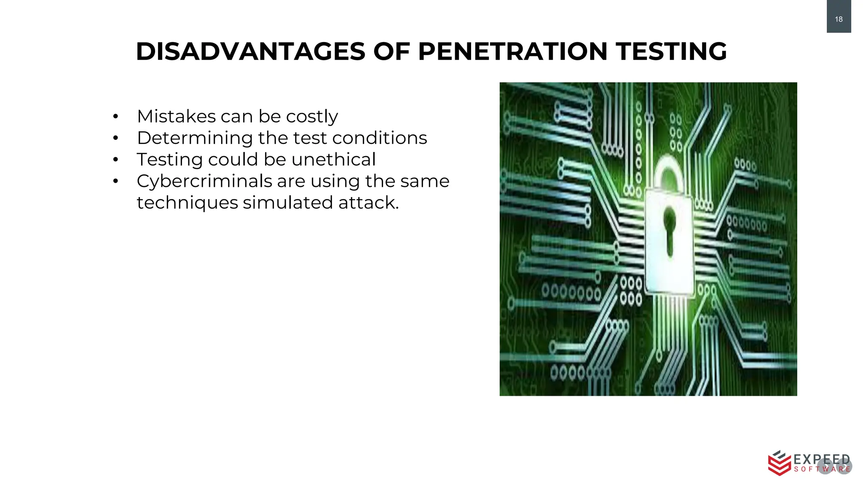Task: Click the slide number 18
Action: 839,19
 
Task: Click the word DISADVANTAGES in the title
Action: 251,52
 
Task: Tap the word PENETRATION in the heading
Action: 512,52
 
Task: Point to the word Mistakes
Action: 176,116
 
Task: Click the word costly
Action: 312,117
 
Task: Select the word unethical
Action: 333,159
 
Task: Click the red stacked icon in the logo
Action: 779,463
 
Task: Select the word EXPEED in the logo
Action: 822,459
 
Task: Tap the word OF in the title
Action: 391,52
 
